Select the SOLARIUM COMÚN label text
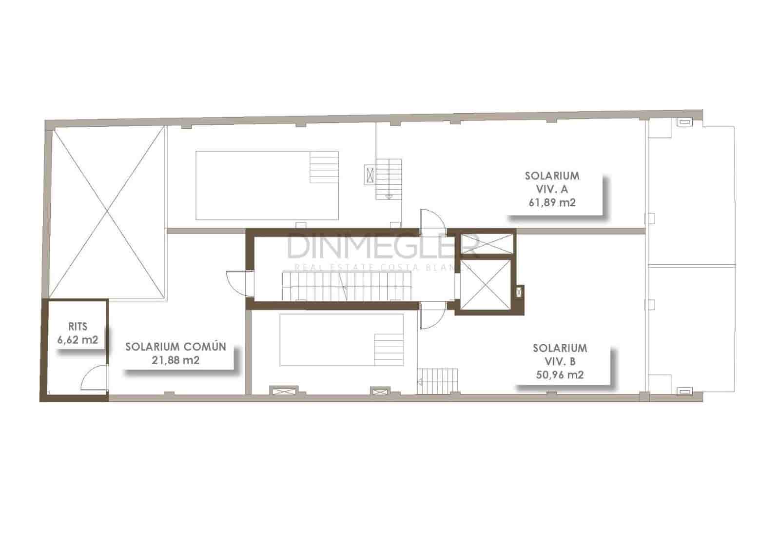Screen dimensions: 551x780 (x=175, y=347)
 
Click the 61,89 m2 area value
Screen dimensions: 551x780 (x=552, y=202)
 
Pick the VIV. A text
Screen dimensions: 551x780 (x=552, y=189)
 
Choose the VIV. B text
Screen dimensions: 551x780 (x=559, y=361)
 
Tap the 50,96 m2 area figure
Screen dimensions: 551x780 (x=559, y=374)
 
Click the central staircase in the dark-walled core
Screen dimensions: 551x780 (x=346, y=287)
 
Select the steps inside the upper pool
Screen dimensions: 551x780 (x=324, y=167)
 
